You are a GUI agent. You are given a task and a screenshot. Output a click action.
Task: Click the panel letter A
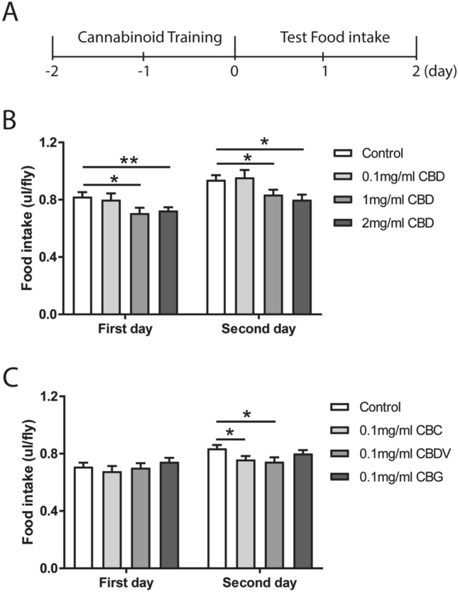pos(12,12)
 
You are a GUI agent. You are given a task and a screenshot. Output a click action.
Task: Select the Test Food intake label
pos(325,38)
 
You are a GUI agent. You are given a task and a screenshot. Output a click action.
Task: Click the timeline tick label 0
pos(234,72)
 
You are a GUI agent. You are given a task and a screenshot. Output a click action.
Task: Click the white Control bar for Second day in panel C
pos(217,509)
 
